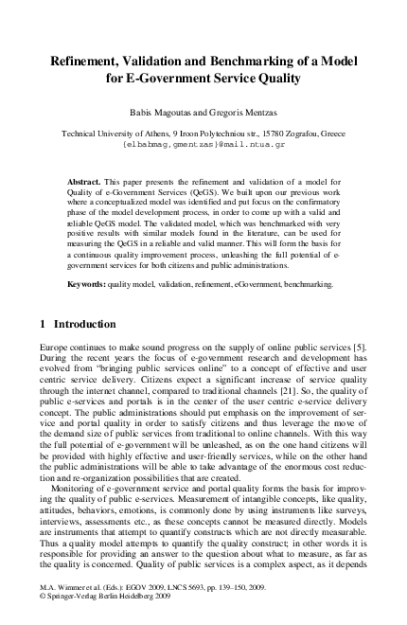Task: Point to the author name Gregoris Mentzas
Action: [x=244, y=110]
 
